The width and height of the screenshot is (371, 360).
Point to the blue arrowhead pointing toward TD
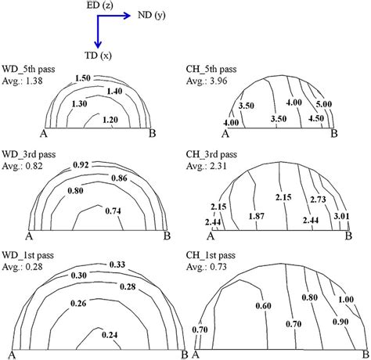click(97, 42)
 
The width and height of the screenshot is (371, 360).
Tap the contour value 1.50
click(82, 78)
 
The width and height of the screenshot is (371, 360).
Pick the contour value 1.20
click(111, 121)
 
